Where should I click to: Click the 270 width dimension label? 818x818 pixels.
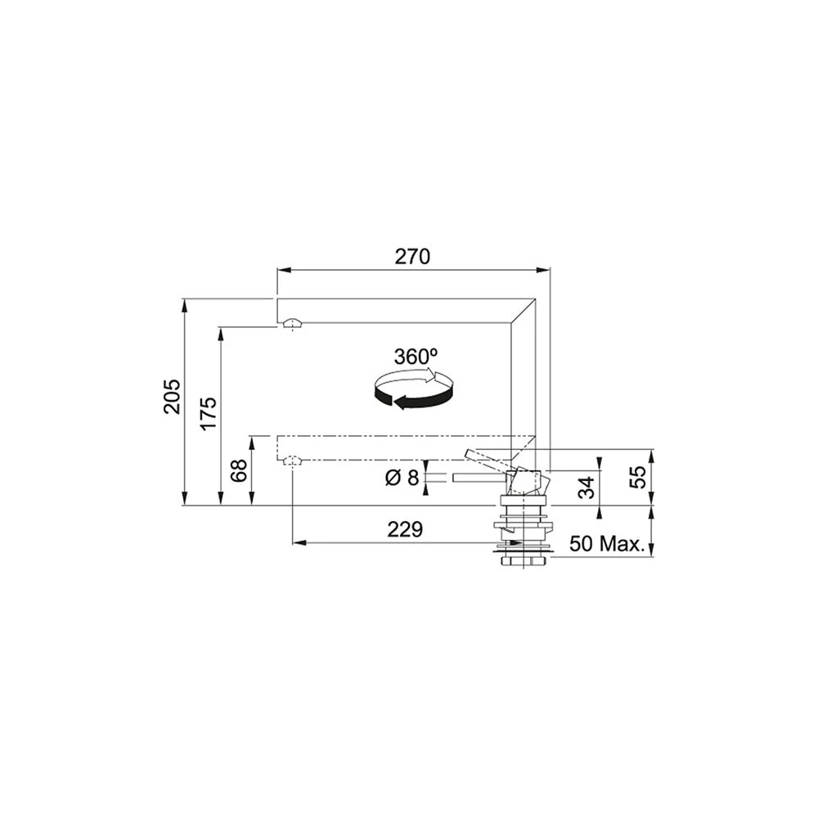412,257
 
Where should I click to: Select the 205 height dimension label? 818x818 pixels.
172,397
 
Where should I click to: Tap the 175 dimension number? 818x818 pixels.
209,413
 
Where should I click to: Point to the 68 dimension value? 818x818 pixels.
239,471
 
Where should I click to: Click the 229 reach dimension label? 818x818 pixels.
405,529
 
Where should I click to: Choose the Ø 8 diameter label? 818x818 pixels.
402,477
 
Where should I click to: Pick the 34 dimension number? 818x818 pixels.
587,488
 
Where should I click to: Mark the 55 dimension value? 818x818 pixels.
637,477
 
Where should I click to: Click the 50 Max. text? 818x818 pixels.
605,544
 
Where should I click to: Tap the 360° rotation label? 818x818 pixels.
416,357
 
